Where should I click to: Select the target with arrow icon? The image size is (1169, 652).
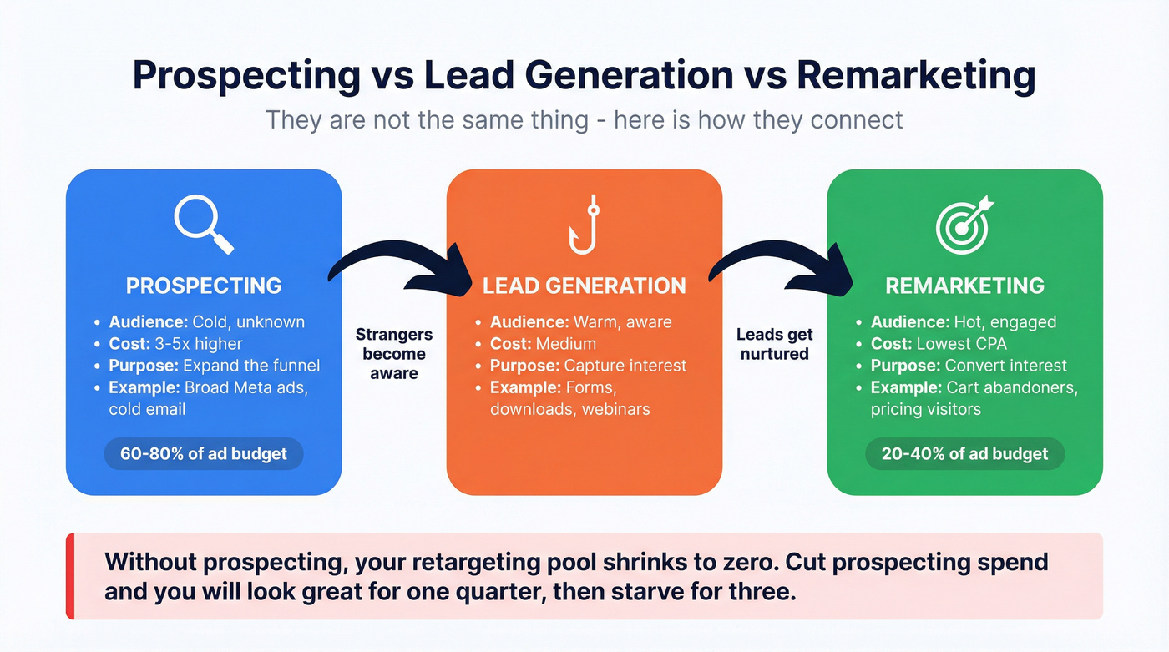(964, 224)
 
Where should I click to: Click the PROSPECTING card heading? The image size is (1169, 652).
(204, 286)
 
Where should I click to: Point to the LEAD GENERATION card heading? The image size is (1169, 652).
(584, 286)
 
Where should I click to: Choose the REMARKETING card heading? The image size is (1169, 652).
(964, 286)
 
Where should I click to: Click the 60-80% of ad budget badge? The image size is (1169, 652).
(204, 454)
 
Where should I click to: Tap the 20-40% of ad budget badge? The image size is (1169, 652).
(964, 454)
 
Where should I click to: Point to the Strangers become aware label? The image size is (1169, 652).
(394, 354)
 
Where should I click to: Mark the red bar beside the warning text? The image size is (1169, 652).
(70, 576)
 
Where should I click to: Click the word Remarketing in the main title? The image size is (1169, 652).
(916, 76)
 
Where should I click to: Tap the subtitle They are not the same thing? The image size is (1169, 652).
(584, 119)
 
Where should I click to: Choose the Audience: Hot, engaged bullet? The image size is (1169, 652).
(964, 321)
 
